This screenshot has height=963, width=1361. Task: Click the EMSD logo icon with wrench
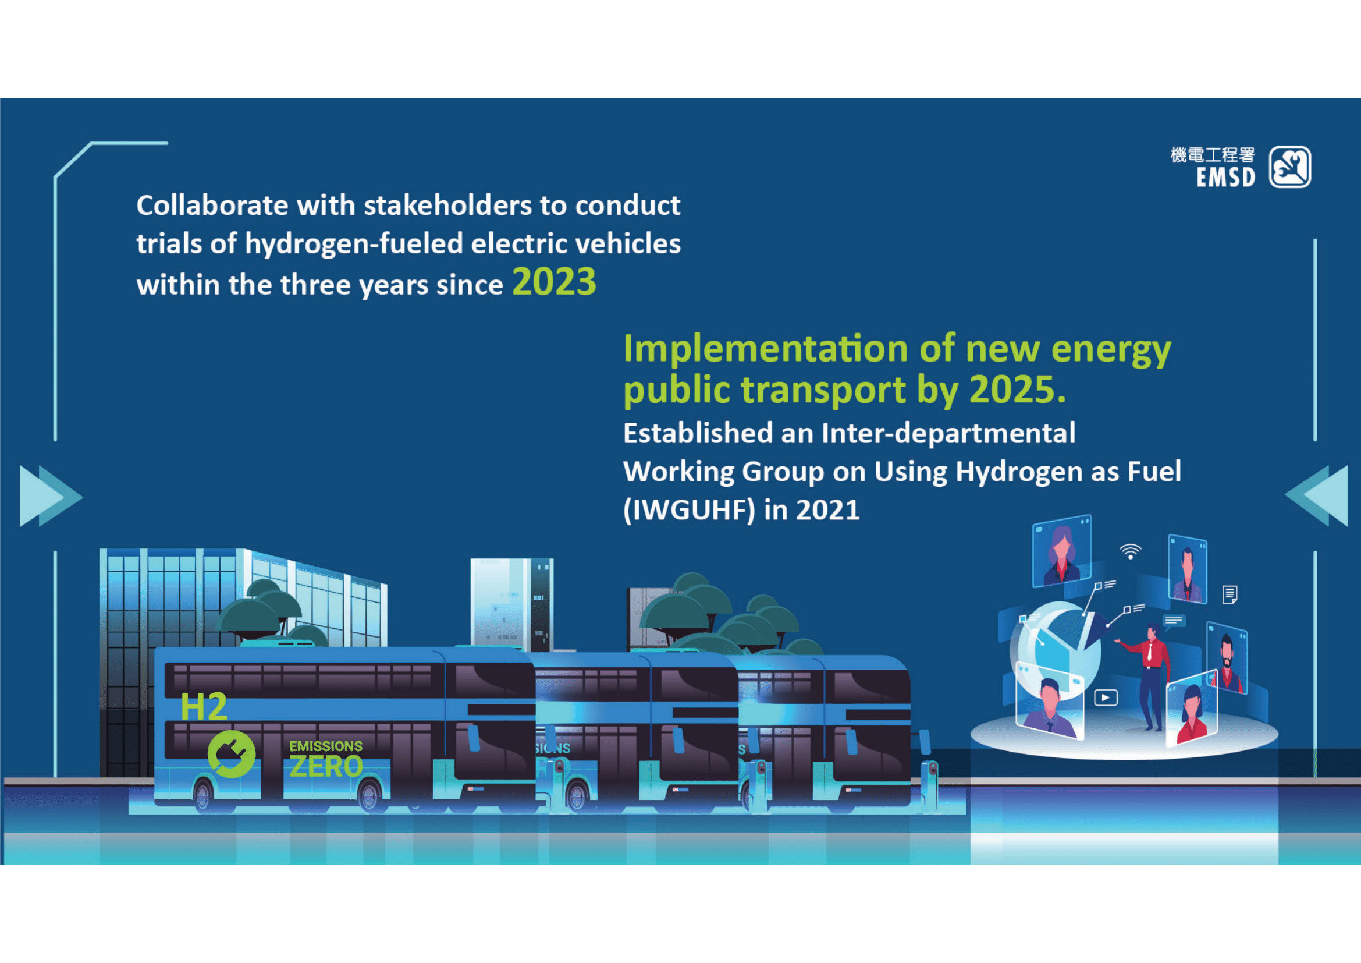pos(1290,167)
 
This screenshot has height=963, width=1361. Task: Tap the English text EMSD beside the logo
pos(1225,178)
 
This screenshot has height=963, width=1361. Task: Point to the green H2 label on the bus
pos(203,707)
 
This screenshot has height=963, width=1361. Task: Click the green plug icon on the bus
pos(231,753)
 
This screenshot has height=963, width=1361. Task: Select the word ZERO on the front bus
pos(326,767)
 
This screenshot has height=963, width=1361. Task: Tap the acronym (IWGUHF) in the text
pos(689,509)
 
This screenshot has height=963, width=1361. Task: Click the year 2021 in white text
pos(827,509)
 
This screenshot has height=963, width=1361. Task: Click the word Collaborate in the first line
pos(212,205)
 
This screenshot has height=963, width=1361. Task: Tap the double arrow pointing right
pos(50,495)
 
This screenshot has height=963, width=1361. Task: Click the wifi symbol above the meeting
pos(1131,551)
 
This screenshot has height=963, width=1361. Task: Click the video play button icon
pos(1106,698)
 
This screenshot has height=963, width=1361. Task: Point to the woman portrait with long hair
pos(1062,551)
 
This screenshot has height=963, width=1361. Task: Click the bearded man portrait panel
pos(1227,657)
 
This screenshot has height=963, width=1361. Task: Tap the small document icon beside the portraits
pos(1230,594)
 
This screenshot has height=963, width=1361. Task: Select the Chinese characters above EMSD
pos(1212,155)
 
